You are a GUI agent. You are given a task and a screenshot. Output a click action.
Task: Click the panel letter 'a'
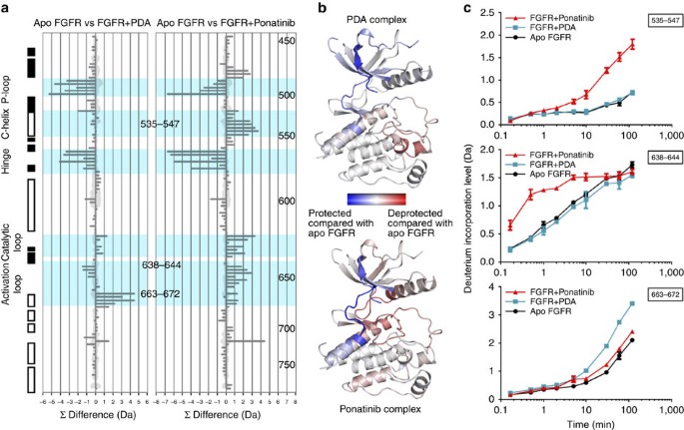coord(6,9)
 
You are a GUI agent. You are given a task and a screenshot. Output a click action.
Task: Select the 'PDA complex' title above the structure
coord(374,20)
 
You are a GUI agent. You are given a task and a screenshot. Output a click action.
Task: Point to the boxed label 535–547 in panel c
coord(654,21)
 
